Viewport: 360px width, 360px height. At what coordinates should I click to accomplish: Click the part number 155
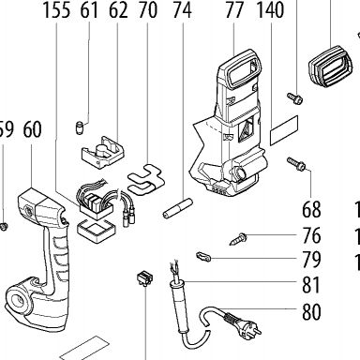56,10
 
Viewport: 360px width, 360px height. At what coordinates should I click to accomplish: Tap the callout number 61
89,10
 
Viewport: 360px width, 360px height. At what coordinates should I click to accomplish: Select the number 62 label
118,10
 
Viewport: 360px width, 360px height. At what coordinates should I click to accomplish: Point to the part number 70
148,10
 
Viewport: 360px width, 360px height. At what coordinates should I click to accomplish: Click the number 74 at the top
182,10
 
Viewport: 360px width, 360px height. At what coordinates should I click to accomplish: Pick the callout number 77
234,10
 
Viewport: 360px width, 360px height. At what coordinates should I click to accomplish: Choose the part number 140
270,10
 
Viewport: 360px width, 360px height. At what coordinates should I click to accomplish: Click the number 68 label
311,209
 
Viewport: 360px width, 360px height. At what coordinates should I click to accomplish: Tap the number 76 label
311,235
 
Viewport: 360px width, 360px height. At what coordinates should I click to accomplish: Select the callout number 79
311,260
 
